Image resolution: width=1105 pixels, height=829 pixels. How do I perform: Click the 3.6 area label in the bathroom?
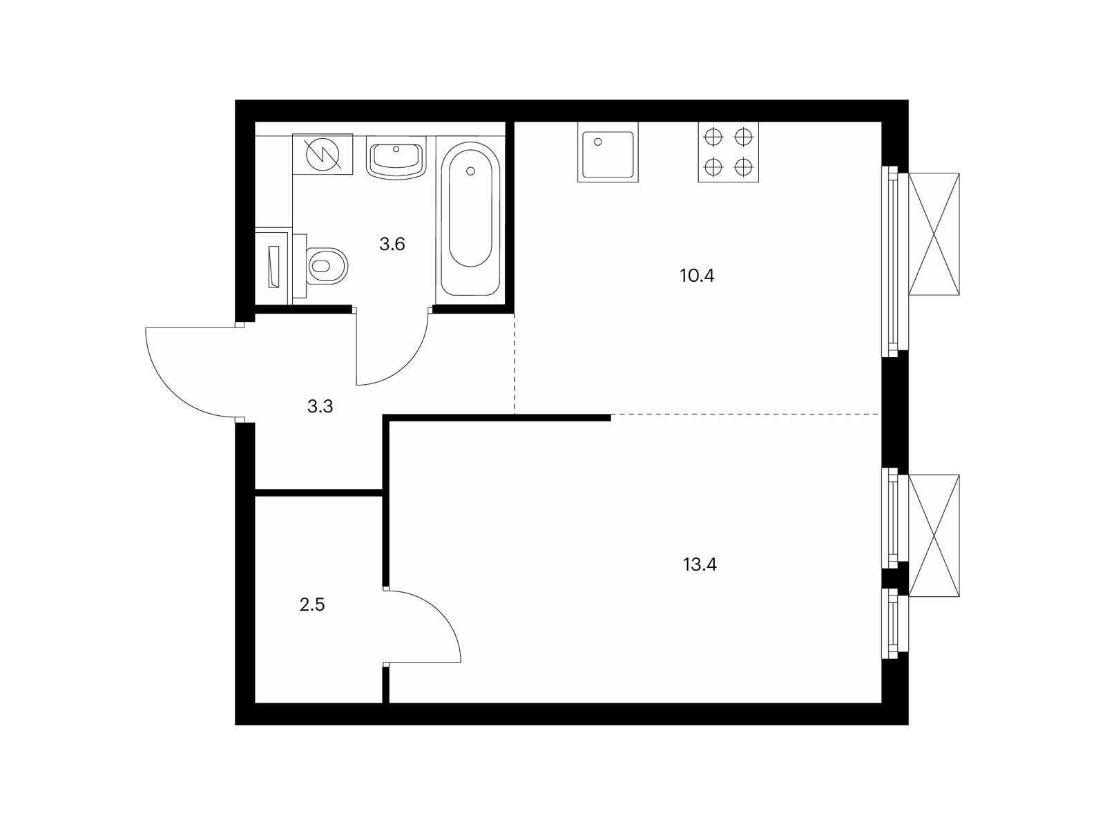coord(392,245)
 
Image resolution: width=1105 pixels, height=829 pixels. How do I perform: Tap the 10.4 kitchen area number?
coord(697,276)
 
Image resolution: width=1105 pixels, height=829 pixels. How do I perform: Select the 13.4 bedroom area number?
coord(700,564)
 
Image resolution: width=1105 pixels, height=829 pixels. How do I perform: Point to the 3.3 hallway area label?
coord(320,406)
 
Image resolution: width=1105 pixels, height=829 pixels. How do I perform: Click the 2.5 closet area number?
coord(312,604)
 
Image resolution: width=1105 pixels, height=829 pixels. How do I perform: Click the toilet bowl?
coord(326,265)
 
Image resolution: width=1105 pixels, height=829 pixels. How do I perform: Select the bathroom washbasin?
coord(396,157)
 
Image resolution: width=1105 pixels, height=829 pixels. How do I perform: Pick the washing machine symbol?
coord(323,154)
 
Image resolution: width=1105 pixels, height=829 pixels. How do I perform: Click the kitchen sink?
coord(608,151)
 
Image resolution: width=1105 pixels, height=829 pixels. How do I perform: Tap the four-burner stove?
coord(728,151)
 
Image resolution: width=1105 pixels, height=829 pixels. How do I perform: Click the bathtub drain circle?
coord(471,171)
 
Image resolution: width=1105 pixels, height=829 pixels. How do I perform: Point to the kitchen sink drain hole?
coord(598,142)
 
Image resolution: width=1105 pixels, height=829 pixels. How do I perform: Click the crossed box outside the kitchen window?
coord(934,234)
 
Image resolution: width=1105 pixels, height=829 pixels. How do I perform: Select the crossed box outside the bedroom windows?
coord(934,535)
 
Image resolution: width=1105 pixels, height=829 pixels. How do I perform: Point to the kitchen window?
coord(894,261)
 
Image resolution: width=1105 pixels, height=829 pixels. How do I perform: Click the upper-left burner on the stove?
coord(714,137)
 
